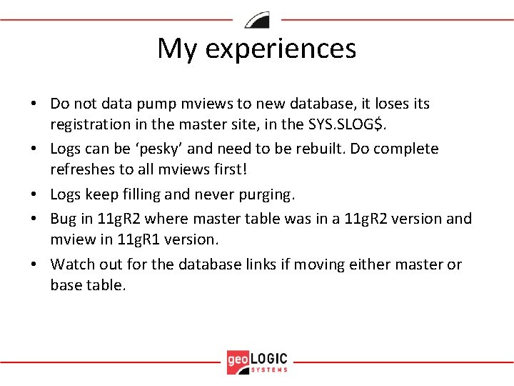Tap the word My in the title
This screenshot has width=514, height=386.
(176, 49)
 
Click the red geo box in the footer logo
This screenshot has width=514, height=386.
(238, 360)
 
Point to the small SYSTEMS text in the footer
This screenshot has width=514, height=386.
(270, 370)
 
